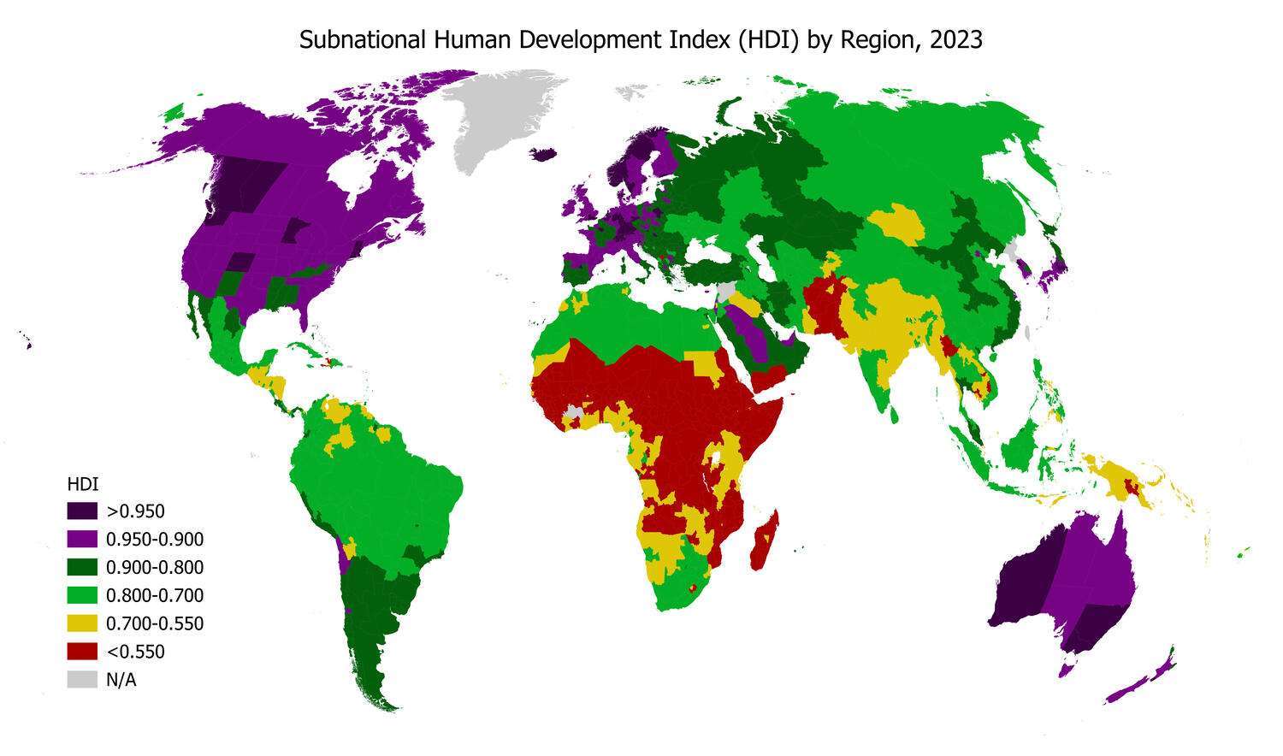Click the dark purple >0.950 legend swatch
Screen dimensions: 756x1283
point(82,511)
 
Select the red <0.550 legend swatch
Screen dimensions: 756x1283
point(82,652)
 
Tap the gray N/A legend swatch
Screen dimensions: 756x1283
point(82,680)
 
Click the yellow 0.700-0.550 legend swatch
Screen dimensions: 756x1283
point(82,623)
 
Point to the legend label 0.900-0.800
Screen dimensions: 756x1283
point(155,568)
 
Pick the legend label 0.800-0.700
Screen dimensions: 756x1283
point(155,596)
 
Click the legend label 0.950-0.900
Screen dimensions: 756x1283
point(155,540)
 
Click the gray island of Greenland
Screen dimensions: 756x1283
point(505,120)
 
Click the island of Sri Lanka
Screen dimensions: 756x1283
point(895,415)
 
